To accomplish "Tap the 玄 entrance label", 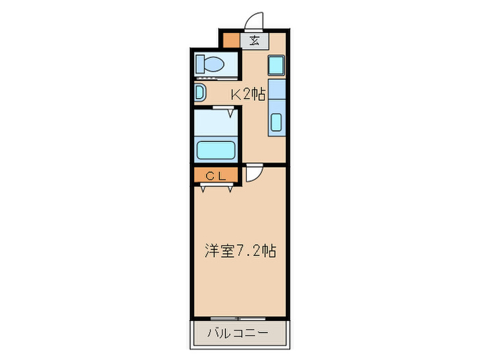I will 254,40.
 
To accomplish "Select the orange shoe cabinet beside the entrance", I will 232,40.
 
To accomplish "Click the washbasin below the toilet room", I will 199,92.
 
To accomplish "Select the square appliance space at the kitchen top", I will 276,66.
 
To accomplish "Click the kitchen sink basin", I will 276,123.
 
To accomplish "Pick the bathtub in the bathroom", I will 216,149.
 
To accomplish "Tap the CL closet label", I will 216,176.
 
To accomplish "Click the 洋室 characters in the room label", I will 218,251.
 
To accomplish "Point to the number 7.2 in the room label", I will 247,251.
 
